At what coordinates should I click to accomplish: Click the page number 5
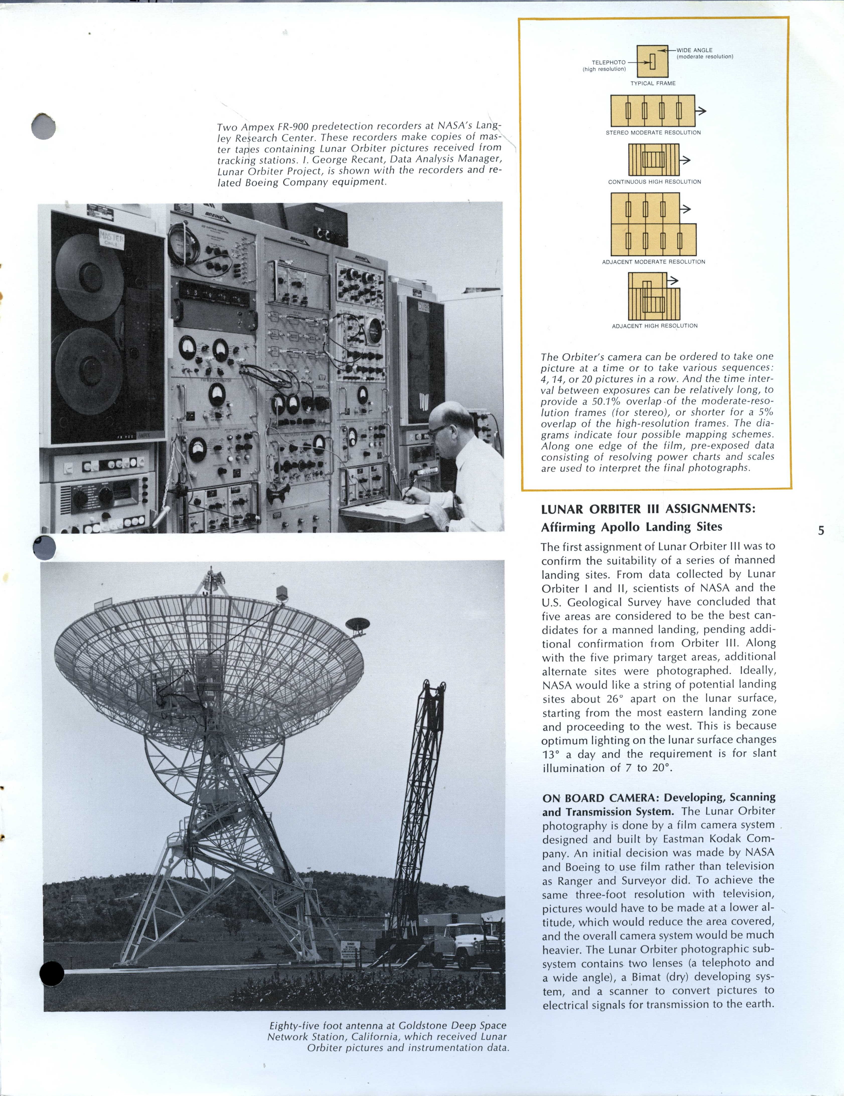point(821,530)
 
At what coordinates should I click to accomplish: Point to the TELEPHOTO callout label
point(608,63)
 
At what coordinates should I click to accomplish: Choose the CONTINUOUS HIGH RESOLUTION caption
point(654,182)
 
